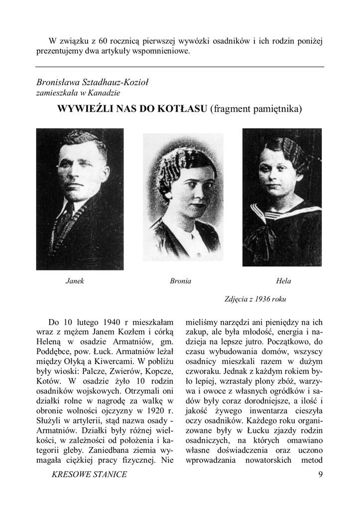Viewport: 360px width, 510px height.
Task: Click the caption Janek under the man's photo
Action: pyautogui.click(x=75, y=281)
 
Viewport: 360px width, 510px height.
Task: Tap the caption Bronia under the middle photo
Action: pyautogui.click(x=180, y=281)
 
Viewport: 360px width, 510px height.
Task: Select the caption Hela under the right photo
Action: pyautogui.click(x=283, y=281)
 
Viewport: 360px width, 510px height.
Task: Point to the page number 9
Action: pyautogui.click(x=320, y=474)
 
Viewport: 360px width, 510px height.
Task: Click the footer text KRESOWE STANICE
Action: pyautogui.click(x=89, y=474)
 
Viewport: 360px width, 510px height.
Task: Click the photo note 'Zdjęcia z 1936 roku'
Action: pyautogui.click(x=255, y=299)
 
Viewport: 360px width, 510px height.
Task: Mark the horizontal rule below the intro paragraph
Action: pyautogui.click(x=180, y=67)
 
